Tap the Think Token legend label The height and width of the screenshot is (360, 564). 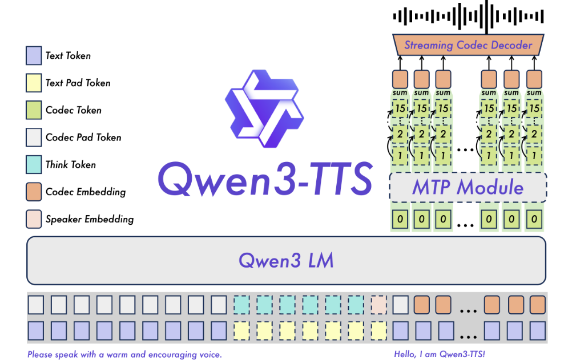pos(71,165)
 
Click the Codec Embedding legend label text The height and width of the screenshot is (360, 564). pos(86,192)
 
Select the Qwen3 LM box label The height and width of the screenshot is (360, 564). pos(285,261)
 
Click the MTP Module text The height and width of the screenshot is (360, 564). pos(468,187)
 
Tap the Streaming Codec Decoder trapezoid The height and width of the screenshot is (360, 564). pos(468,45)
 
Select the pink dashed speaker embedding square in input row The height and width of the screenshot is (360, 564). pos(378,304)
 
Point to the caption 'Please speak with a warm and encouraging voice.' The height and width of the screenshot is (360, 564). pos(124,354)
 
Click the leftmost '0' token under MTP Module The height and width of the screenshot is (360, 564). pos(400,219)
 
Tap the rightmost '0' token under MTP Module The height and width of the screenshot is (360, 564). pos(534,219)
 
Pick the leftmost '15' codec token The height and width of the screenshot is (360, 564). pos(400,108)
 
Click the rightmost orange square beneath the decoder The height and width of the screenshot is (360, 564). pos(534,78)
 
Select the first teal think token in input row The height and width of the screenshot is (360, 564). pos(242,304)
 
